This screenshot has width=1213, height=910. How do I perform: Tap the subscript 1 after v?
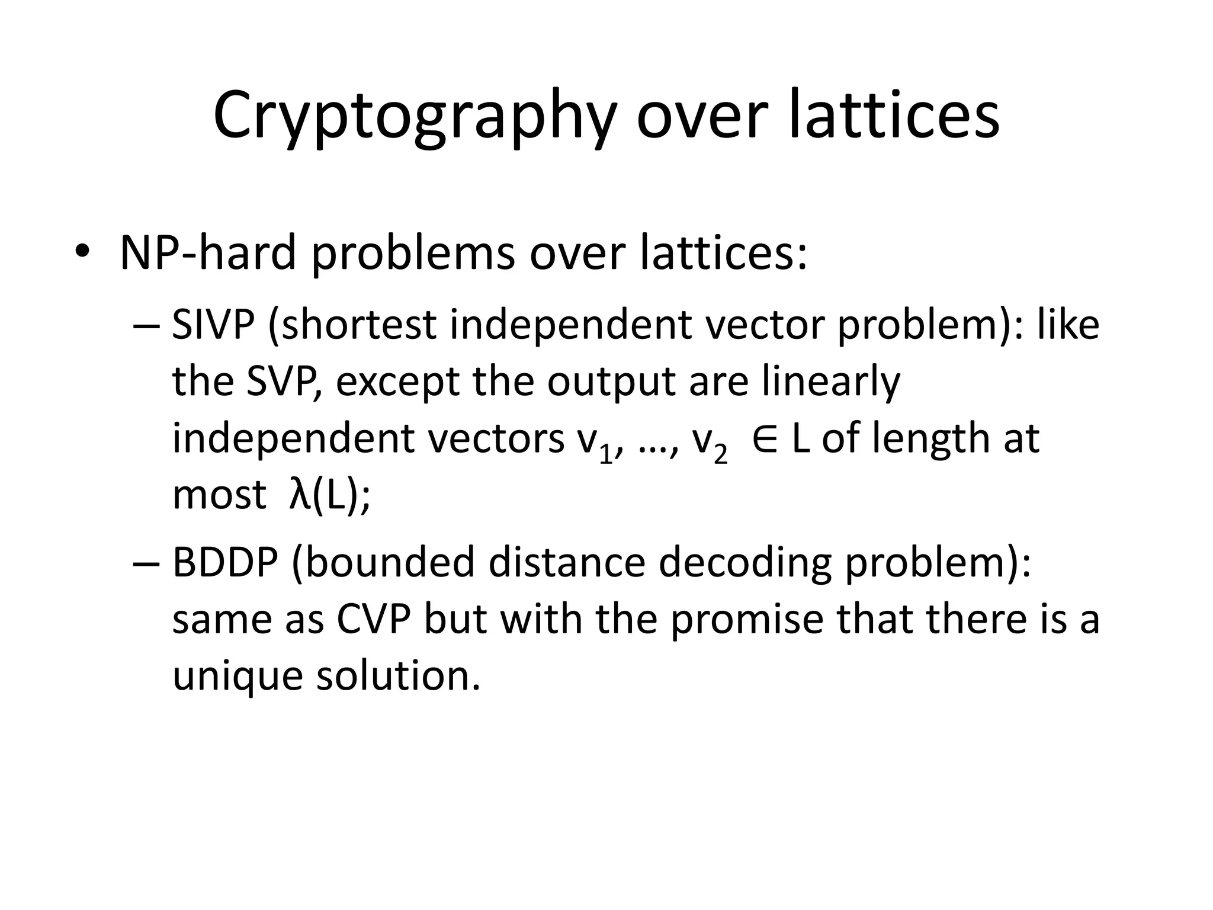pos(605,456)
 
